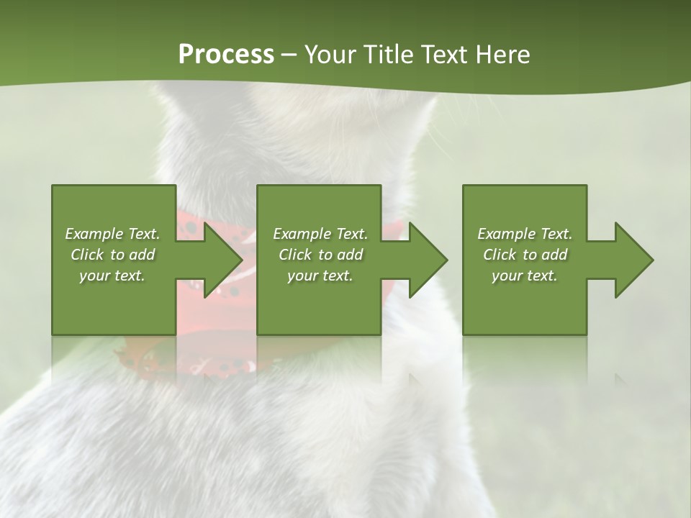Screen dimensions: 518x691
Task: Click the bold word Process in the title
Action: (x=226, y=55)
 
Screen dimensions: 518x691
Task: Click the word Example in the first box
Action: (x=93, y=234)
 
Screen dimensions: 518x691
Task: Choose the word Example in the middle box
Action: (x=301, y=234)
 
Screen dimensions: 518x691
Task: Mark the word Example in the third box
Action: (x=505, y=234)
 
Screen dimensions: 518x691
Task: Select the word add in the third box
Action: (x=554, y=255)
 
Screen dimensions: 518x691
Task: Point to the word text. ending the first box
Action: (x=130, y=276)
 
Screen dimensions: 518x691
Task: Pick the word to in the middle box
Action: (x=325, y=255)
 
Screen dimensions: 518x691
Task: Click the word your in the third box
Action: (x=507, y=276)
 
